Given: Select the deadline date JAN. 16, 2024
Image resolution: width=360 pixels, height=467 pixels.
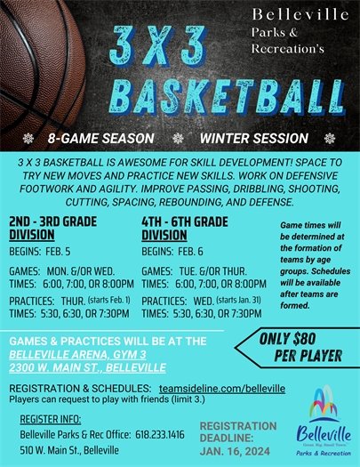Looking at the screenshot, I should [234, 451].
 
